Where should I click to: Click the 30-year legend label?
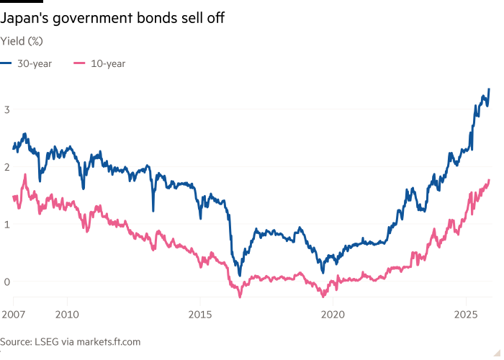[x=35, y=63]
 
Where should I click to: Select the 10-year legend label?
[x=108, y=63]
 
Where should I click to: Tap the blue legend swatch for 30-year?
[x=6, y=63]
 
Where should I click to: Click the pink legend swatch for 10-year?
[x=78, y=63]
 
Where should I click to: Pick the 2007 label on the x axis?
[x=13, y=315]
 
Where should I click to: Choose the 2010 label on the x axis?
[x=67, y=315]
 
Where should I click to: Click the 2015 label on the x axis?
[x=200, y=315]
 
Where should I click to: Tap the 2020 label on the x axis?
[x=333, y=315]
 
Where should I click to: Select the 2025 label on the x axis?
[x=465, y=315]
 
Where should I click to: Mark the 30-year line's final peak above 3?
[x=489, y=89]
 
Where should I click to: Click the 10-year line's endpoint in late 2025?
[x=490, y=179]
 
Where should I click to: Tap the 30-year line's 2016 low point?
[x=240, y=274]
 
